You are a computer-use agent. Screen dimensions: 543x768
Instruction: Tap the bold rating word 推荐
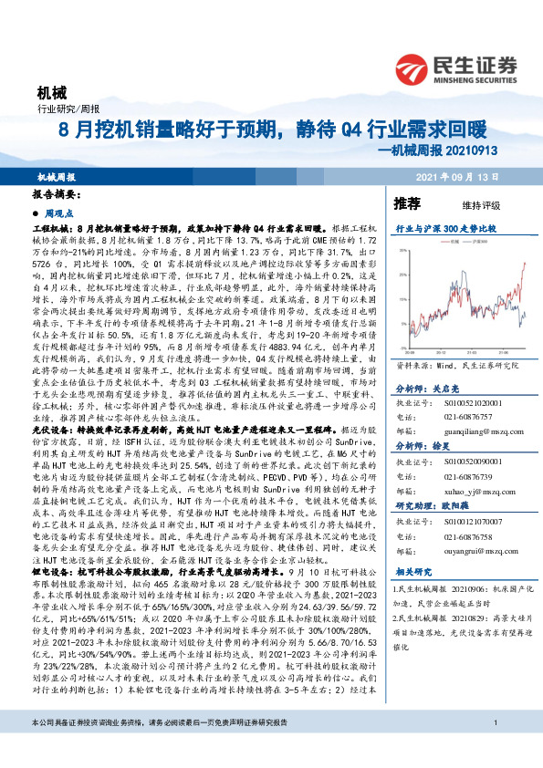pyautogui.click(x=407, y=202)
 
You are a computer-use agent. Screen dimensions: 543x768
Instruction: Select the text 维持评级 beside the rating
pyautogui.click(x=466, y=203)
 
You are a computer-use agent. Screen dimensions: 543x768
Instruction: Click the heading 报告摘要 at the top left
pyautogui.click(x=56, y=195)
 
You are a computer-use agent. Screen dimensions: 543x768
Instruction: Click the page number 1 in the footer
pyautogui.click(x=494, y=749)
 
